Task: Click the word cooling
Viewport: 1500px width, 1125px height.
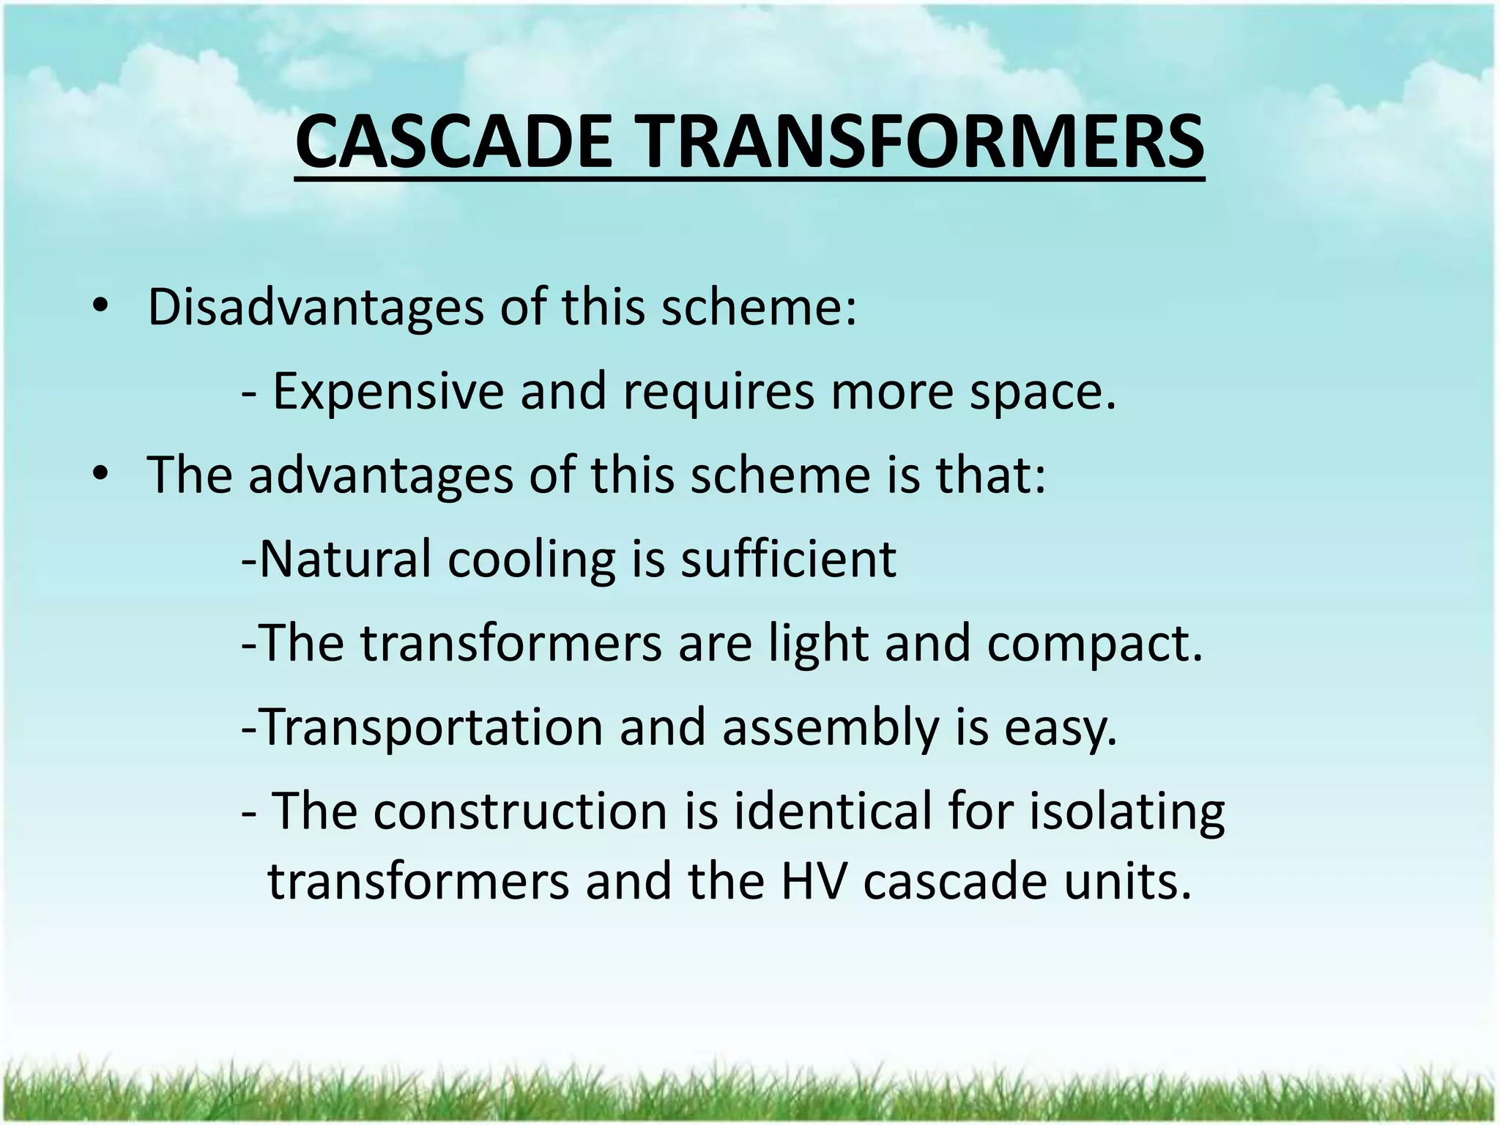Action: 532,560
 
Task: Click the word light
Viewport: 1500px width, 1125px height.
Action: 818,643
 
